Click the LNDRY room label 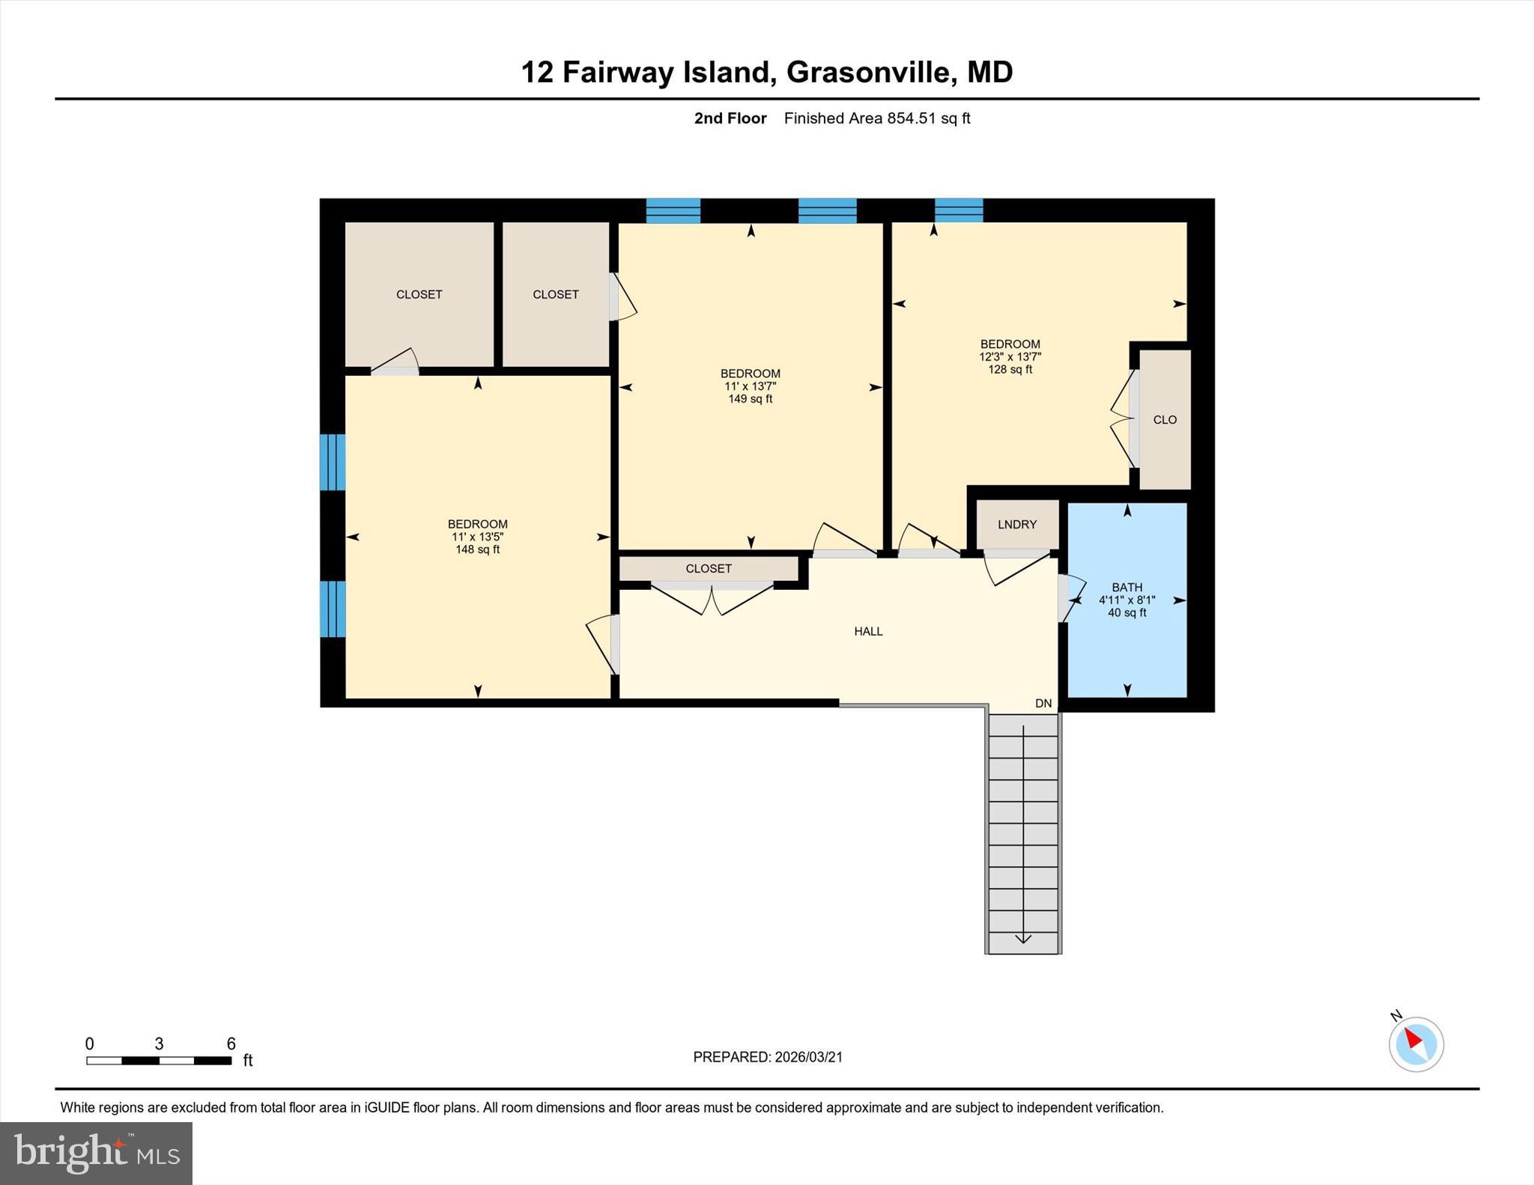pos(1016,525)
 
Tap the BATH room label pos(1127,588)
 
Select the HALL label pos(868,632)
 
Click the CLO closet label pos(1165,420)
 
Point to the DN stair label pos(1043,704)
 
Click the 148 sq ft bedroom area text pos(477,549)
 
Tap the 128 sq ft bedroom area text pos(1010,370)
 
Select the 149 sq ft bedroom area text pos(750,399)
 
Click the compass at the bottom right pos(1416,1044)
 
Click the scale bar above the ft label pos(159,1061)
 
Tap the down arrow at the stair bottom pos(1023,939)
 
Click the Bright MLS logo pos(96,1153)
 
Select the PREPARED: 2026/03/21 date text pos(768,1057)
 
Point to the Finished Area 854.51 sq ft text pos(876,118)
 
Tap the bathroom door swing pos(1071,597)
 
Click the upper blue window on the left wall pos(333,462)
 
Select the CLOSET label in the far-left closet pos(419,295)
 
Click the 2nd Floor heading pos(730,118)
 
